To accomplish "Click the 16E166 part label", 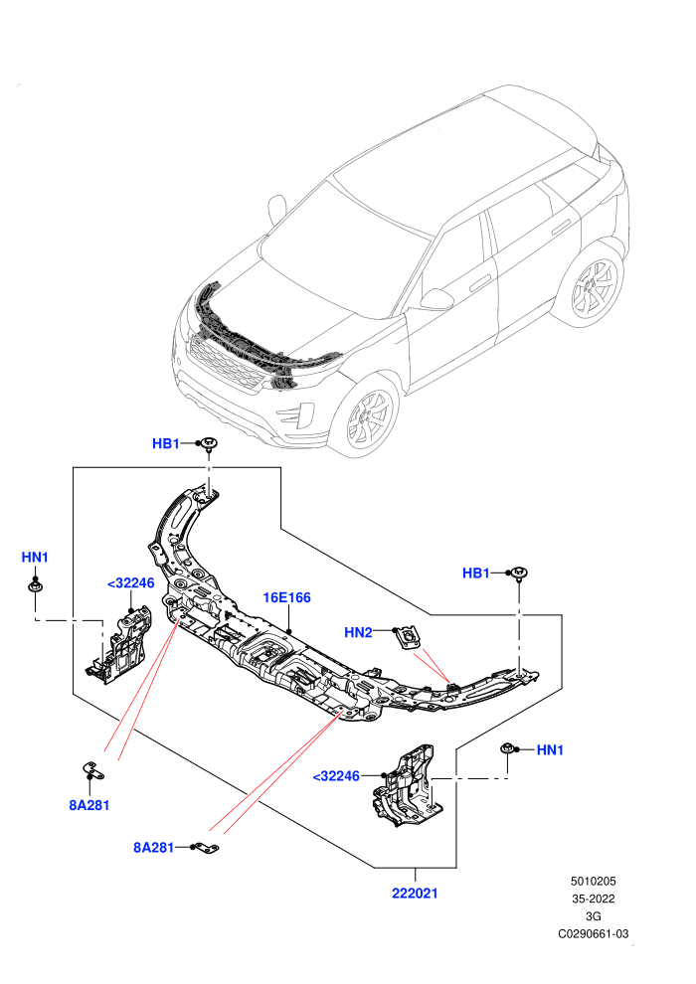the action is click(x=286, y=597).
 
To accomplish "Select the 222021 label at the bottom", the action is click(x=415, y=893).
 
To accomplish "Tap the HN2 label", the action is click(x=358, y=632).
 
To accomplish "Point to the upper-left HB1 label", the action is click(x=166, y=443).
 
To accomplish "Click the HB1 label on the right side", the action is click(x=475, y=573).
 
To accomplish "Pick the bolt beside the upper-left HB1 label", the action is click(x=209, y=444).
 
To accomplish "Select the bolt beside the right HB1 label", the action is click(x=519, y=574).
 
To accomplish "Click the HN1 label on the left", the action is click(x=35, y=558).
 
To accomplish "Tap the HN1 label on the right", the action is click(x=551, y=749).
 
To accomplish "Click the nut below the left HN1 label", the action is click(x=35, y=586).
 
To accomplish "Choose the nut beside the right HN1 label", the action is click(x=507, y=748).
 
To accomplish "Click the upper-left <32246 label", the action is click(x=130, y=583).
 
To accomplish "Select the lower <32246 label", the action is click(x=336, y=776).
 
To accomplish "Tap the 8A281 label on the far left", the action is click(x=89, y=805).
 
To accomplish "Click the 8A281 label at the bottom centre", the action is click(x=153, y=848).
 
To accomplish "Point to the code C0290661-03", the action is click(x=593, y=933).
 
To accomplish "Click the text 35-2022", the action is click(x=593, y=899).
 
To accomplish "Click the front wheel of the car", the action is click(x=365, y=416).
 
